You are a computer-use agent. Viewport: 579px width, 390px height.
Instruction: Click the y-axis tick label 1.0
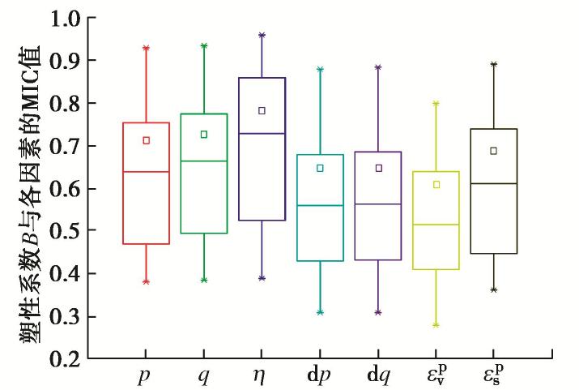click(x=67, y=19)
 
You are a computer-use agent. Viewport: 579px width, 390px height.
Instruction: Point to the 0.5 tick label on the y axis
click(x=67, y=231)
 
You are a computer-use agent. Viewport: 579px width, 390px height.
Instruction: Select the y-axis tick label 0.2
click(x=67, y=358)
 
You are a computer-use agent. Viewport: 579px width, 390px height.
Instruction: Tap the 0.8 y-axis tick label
click(x=67, y=104)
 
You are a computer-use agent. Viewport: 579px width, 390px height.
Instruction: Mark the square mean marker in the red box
click(x=146, y=140)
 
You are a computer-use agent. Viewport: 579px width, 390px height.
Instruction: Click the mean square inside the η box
click(x=262, y=110)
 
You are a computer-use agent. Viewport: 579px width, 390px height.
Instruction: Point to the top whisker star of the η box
click(x=262, y=35)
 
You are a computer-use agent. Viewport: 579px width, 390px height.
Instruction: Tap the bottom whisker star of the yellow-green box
click(x=435, y=325)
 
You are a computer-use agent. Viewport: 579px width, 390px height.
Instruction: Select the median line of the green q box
click(x=203, y=161)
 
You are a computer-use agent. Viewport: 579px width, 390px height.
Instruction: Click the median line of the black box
click(x=492, y=184)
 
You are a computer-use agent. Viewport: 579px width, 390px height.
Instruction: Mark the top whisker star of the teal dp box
click(x=319, y=70)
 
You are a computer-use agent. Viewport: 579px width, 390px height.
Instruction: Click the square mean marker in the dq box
click(x=377, y=169)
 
